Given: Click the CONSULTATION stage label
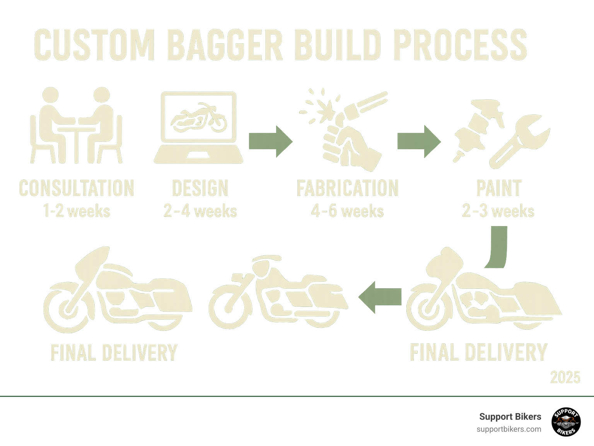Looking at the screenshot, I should [x=77, y=188].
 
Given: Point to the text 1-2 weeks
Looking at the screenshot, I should [x=77, y=211].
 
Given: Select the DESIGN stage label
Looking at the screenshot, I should [x=200, y=188].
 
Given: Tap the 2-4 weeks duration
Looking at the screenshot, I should [x=200, y=211].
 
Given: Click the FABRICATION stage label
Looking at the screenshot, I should [x=347, y=188].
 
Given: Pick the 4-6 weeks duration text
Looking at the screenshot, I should [x=347, y=211].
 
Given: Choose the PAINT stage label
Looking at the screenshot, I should [x=498, y=188].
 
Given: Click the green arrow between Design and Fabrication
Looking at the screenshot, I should [x=270, y=141].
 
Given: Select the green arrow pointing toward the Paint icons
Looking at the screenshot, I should [x=419, y=141].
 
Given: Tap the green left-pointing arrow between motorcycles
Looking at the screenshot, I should [x=380, y=297].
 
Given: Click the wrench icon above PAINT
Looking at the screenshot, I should [x=520, y=141].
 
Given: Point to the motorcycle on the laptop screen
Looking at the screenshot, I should [x=199, y=117].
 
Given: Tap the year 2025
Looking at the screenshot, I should [x=565, y=377].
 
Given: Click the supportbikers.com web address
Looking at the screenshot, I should [x=509, y=429].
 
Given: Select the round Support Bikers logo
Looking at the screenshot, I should [x=566, y=422].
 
